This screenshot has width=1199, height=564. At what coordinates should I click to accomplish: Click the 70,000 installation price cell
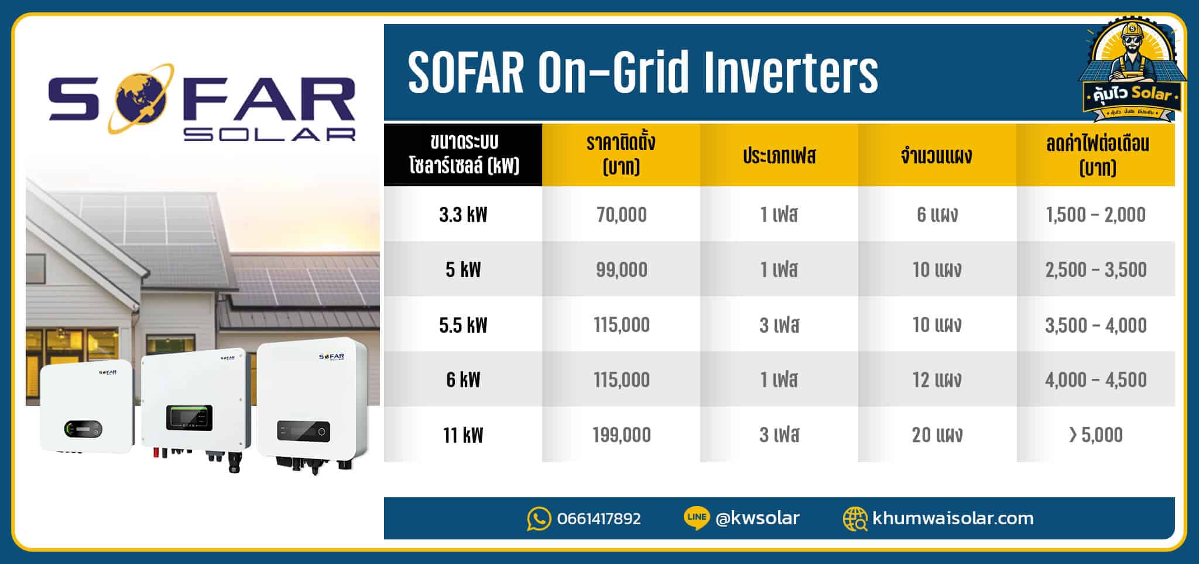[621, 214]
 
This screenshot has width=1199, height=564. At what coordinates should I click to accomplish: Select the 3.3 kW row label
[463, 214]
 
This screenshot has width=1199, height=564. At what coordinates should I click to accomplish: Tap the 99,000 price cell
[621, 269]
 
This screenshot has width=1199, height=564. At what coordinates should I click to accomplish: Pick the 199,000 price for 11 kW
[621, 435]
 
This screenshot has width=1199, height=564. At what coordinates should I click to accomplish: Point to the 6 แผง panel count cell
[937, 214]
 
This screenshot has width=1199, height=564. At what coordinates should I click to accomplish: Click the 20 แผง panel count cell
[937, 435]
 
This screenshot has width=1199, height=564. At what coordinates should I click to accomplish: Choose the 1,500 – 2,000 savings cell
[1095, 214]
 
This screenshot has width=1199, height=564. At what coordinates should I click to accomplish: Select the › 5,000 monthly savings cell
[1095, 435]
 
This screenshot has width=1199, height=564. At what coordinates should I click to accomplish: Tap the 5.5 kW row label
[463, 324]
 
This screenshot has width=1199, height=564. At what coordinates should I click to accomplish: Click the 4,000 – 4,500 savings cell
[1095, 380]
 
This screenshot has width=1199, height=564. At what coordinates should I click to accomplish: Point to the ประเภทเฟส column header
[779, 156]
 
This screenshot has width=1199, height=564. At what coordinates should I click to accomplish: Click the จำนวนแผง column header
[937, 156]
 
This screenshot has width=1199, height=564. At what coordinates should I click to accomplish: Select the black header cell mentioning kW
[463, 155]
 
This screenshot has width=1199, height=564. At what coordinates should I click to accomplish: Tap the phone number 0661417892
[599, 518]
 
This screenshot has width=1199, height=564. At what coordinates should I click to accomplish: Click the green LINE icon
[697, 518]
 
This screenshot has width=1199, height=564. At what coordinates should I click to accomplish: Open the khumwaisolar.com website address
[953, 518]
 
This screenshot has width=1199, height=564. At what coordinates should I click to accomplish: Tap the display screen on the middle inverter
[189, 417]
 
